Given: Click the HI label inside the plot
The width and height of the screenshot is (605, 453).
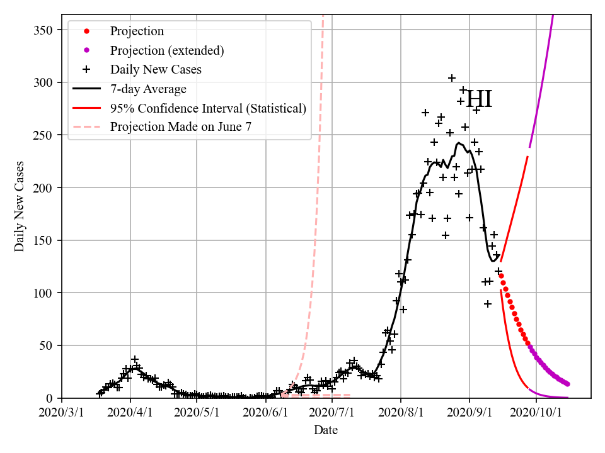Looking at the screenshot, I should pyautogui.click(x=479, y=100).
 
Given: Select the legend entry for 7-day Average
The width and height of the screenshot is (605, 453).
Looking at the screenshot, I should pyautogui.click(x=148, y=89).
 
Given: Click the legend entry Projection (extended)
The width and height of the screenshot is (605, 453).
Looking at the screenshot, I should pyautogui.click(x=167, y=50).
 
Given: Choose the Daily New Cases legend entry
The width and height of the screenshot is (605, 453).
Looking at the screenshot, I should pyautogui.click(x=156, y=69).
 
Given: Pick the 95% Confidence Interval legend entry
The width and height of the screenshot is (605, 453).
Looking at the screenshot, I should pyautogui.click(x=208, y=108).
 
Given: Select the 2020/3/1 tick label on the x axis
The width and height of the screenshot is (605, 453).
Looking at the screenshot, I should pyautogui.click(x=62, y=413).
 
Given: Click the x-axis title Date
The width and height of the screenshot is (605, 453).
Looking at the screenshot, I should pyautogui.click(x=326, y=430).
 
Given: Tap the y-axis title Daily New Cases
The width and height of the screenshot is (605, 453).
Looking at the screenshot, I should pyautogui.click(x=20, y=205).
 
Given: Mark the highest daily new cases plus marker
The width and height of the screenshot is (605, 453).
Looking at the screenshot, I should pyautogui.click(x=452, y=78).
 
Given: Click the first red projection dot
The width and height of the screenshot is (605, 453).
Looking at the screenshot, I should pyautogui.click(x=501, y=276).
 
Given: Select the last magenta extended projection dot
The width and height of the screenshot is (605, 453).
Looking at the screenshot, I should pyautogui.click(x=568, y=384).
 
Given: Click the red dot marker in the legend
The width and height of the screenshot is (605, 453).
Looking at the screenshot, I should pyautogui.click(x=87, y=31).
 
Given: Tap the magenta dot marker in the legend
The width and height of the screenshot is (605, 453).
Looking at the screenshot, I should pyautogui.click(x=87, y=50).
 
